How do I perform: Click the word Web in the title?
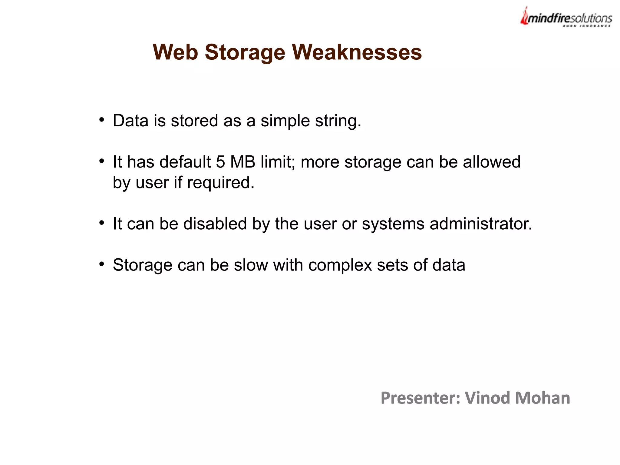[175, 52]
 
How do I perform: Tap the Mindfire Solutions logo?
[566, 18]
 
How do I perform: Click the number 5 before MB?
[220, 162]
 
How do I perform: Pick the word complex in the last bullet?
[340, 265]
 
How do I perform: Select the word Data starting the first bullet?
[130, 121]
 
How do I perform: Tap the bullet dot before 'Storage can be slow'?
[102, 264]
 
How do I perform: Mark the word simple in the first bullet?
[285, 121]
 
